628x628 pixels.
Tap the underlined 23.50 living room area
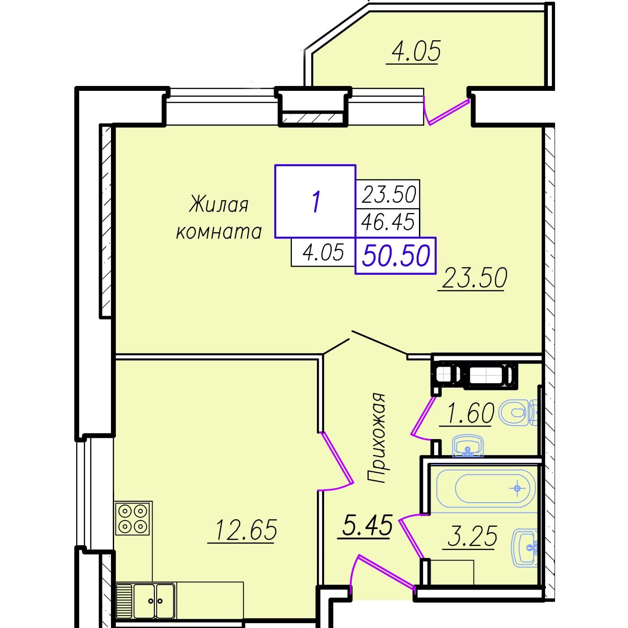click(x=474, y=278)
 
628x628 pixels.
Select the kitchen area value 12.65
click(x=246, y=530)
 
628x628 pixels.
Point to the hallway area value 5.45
click(x=367, y=525)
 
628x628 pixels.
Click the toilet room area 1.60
click(x=471, y=413)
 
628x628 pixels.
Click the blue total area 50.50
click(x=396, y=256)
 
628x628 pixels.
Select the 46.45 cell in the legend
click(x=388, y=222)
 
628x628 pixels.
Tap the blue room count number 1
click(x=316, y=202)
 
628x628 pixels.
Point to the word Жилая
click(x=219, y=204)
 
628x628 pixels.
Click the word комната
click(x=219, y=232)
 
